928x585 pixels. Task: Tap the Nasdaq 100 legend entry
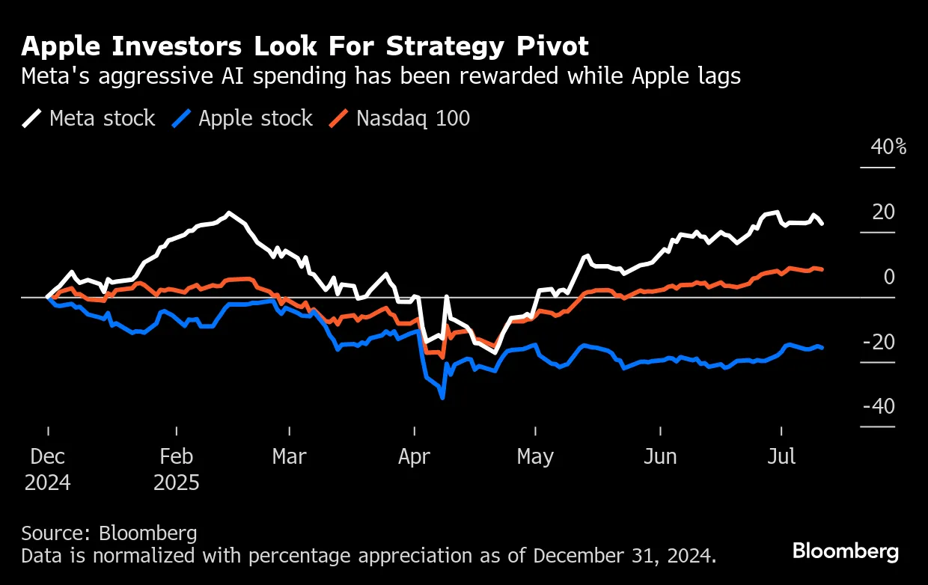(400, 118)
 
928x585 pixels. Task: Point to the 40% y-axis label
(888, 147)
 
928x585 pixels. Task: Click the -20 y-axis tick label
(878, 342)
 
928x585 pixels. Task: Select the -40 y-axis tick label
(878, 407)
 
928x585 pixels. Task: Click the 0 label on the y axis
(888, 278)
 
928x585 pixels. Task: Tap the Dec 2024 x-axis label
(48, 469)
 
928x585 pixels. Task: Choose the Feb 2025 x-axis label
(177, 469)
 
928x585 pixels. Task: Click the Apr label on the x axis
(414, 456)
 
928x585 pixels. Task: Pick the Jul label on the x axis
(782, 456)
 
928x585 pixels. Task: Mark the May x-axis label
(535, 456)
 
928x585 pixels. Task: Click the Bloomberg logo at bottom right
(846, 552)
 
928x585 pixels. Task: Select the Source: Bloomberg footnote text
(109, 533)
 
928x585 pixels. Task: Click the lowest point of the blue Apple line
(443, 398)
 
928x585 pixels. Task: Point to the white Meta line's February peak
(228, 213)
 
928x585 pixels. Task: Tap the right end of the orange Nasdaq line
(822, 269)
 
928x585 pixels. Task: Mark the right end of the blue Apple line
(822, 348)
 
